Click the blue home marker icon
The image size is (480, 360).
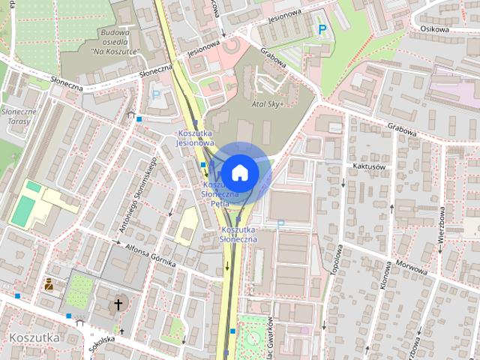click(240, 172)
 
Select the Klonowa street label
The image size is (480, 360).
click(386, 275)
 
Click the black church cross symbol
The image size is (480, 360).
click(118, 304)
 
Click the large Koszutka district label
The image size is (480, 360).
click(34, 337)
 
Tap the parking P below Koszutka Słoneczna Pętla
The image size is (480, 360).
click(281, 223)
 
